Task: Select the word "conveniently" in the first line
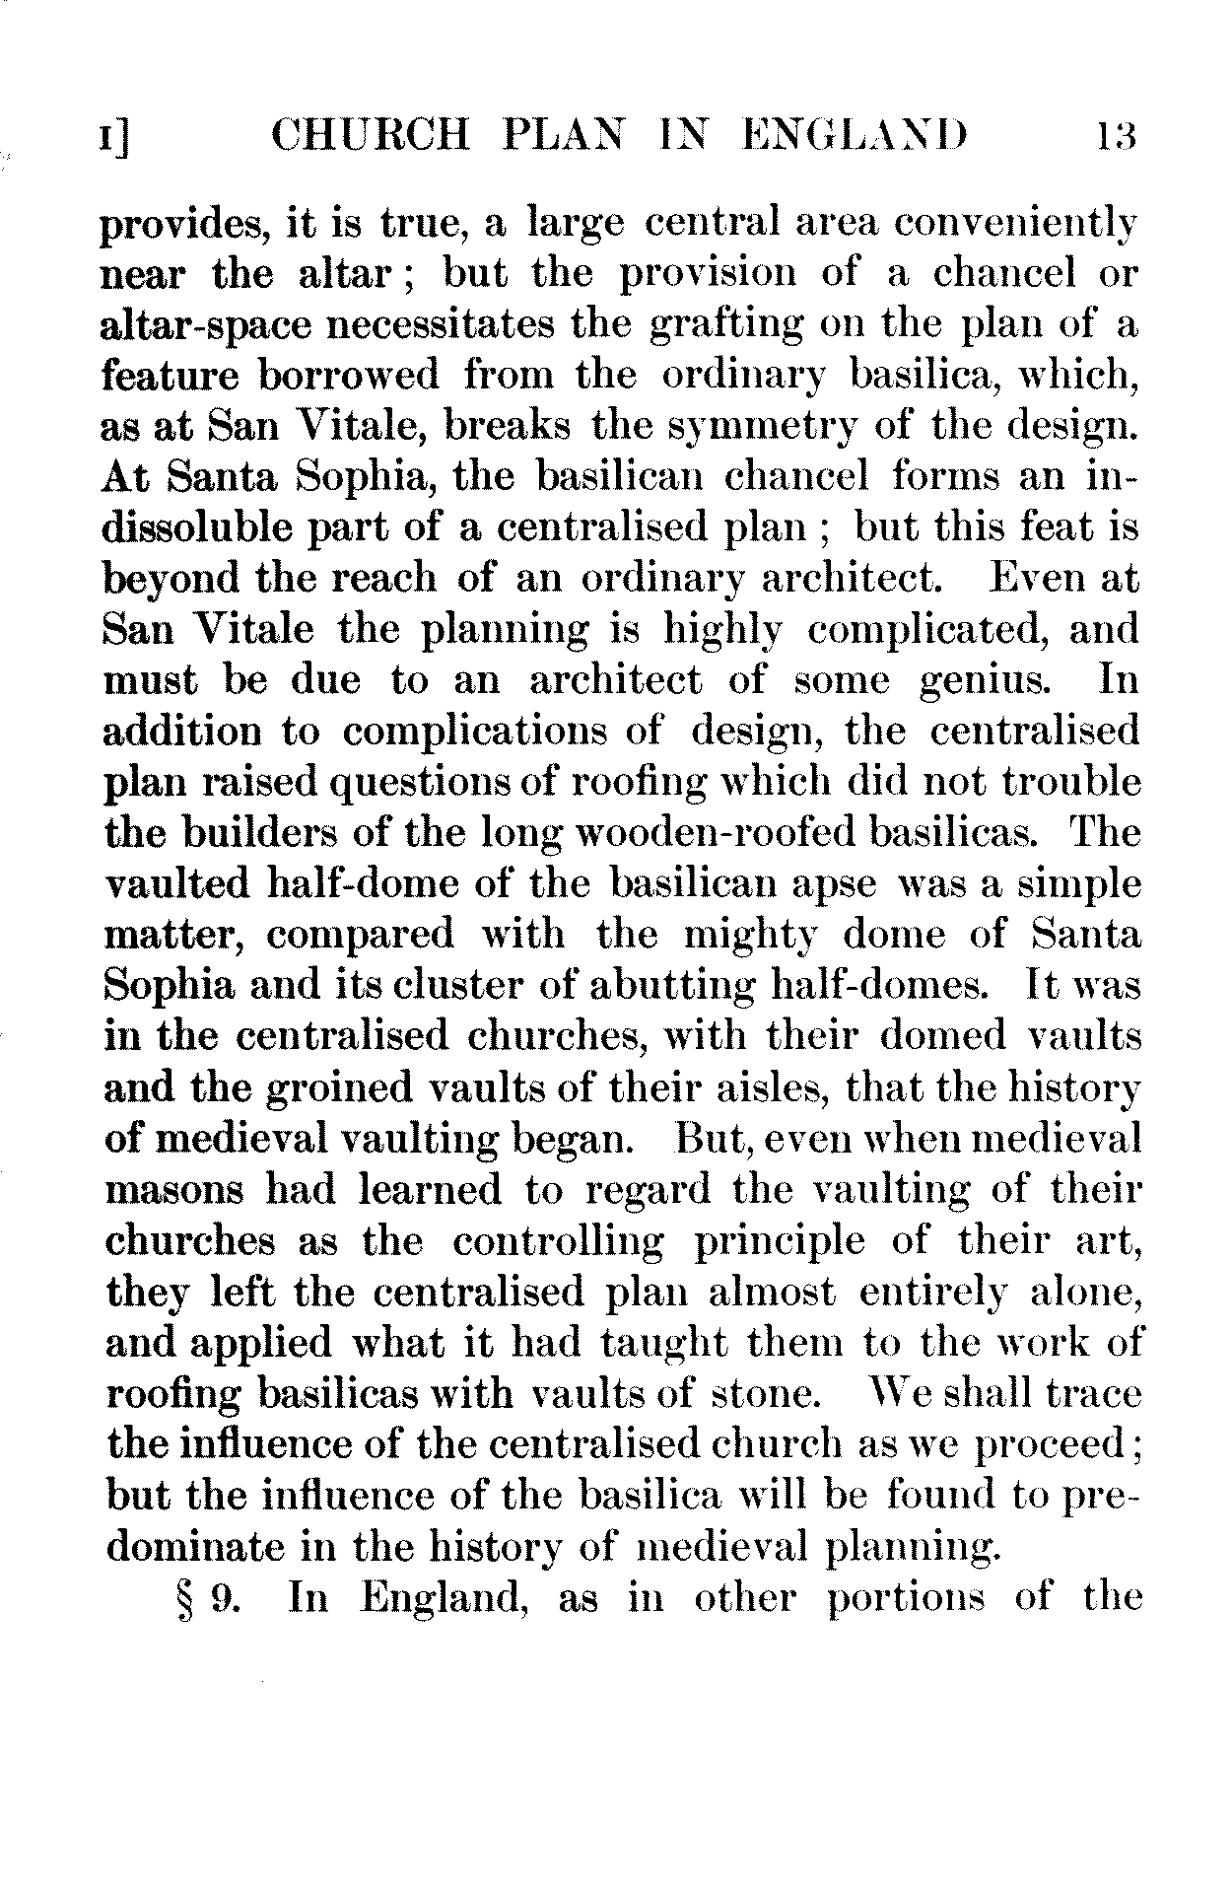click(x=1015, y=224)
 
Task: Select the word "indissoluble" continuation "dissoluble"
click(x=198, y=528)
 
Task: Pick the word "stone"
click(x=765, y=1393)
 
